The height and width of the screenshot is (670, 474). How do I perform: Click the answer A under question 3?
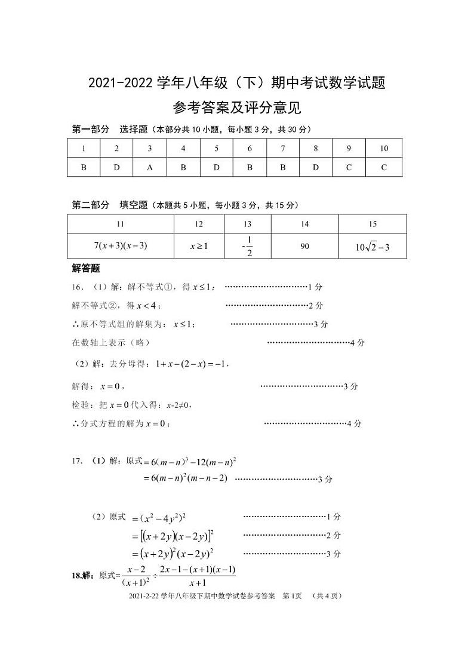pyautogui.click(x=150, y=168)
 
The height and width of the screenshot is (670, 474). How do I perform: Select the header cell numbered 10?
pyautogui.click(x=383, y=149)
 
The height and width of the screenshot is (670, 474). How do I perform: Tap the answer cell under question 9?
pyautogui.click(x=349, y=168)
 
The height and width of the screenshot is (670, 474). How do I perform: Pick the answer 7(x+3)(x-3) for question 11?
pyautogui.click(x=121, y=245)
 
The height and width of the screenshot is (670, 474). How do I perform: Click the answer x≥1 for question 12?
pyautogui.click(x=199, y=245)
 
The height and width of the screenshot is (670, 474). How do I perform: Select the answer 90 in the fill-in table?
pyautogui.click(x=304, y=245)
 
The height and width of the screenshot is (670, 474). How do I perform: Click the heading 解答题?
pyautogui.click(x=85, y=268)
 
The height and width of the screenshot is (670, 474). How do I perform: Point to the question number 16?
pyautogui.click(x=76, y=287)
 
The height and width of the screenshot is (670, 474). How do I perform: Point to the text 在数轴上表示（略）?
pyautogui.click(x=110, y=343)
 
